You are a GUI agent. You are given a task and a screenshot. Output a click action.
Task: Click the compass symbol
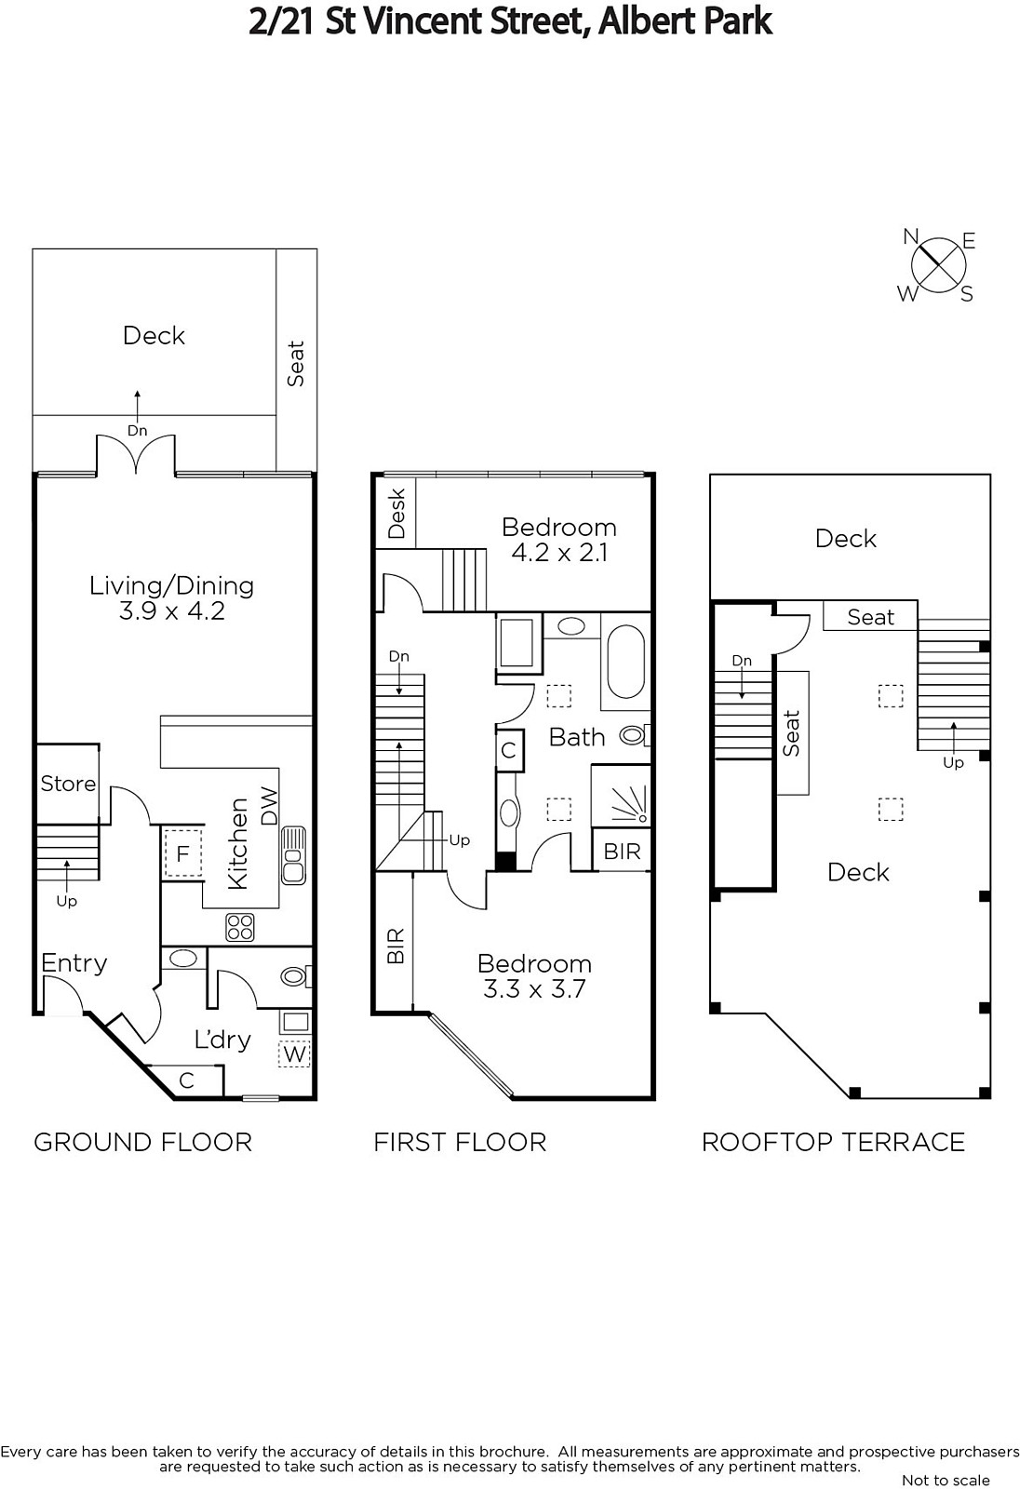point(937,265)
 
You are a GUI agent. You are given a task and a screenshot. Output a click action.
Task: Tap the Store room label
point(68,783)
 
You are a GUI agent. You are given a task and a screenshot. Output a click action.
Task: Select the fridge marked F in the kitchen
point(182,853)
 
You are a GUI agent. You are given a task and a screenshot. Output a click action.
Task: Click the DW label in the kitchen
point(269,806)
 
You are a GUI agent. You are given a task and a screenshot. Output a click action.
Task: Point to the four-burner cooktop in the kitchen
point(240,927)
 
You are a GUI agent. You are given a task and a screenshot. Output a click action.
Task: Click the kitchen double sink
point(293,855)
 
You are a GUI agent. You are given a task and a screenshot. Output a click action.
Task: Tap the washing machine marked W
point(295,1053)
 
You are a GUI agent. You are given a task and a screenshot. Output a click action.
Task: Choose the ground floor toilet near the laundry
point(297,976)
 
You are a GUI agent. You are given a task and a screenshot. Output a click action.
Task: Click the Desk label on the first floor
point(397,513)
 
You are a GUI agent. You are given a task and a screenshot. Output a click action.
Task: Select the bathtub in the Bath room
point(625,661)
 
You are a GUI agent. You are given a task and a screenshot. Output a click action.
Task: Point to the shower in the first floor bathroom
point(621,796)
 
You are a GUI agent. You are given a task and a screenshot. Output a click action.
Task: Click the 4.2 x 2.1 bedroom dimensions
point(560,553)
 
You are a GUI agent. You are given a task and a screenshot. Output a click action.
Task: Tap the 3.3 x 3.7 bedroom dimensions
point(534,989)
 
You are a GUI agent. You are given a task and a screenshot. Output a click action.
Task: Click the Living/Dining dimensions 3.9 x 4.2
point(171,610)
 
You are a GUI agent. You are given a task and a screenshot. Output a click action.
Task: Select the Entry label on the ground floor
point(74,963)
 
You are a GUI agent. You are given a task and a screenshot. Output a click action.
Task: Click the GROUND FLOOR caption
point(143,1143)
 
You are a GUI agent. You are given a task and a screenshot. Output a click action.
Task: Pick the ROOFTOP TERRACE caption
point(833,1143)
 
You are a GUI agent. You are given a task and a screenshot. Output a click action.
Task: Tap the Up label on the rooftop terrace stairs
point(953,763)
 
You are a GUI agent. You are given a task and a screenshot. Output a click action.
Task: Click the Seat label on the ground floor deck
point(295,364)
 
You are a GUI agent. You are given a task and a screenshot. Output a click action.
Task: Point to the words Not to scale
point(946,1481)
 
